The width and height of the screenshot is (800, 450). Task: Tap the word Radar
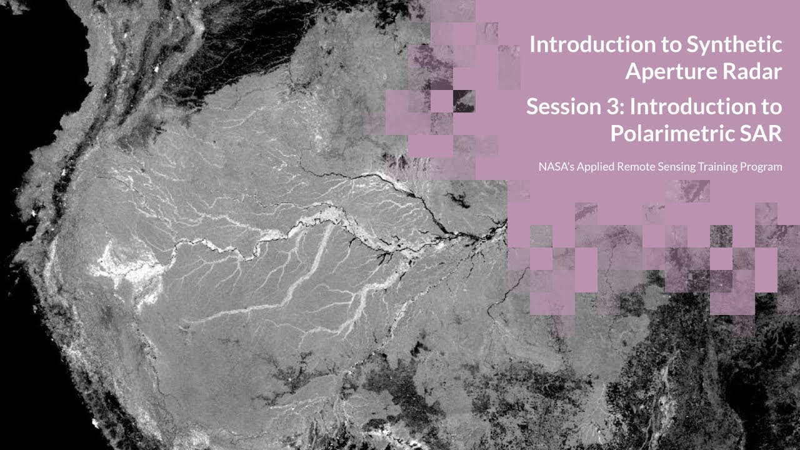click(749, 72)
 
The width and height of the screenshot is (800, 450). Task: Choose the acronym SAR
click(761, 134)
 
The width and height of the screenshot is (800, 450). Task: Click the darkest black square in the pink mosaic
click(464, 101)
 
